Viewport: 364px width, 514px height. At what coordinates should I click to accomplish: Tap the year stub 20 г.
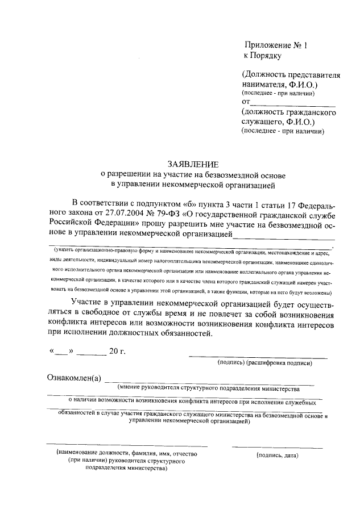118,351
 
